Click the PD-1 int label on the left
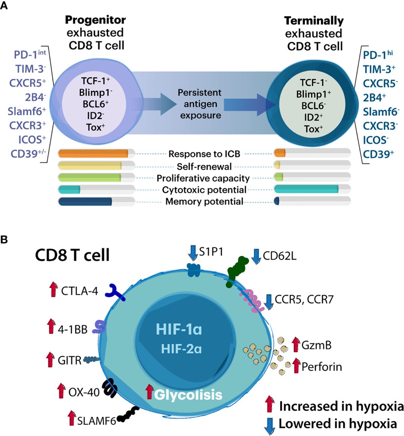click(29, 55)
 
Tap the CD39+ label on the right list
click(378, 154)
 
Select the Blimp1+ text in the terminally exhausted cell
click(313, 94)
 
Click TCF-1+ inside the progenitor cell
click(95, 81)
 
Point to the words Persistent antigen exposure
click(200, 104)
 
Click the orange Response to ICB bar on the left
click(93, 154)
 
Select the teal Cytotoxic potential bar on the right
click(306, 189)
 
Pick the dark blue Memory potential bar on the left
click(85, 202)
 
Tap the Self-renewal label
click(204, 166)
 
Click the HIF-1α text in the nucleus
click(179, 330)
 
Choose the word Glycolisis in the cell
click(188, 395)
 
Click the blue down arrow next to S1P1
click(193, 252)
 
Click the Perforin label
click(321, 367)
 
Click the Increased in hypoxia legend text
click(341, 406)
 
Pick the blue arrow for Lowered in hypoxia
click(270, 426)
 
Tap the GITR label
click(69, 360)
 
